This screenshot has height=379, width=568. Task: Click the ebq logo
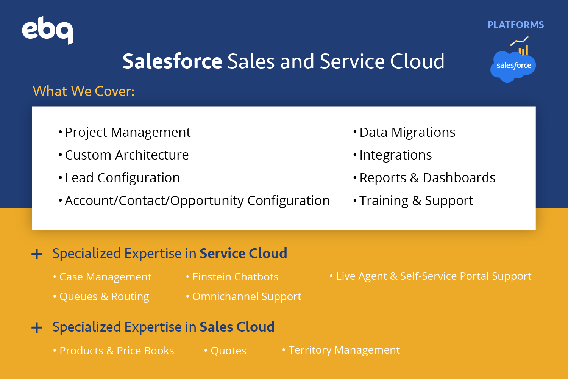(x=47, y=30)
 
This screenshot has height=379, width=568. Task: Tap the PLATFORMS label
(x=516, y=25)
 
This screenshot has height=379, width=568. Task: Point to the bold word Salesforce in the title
(x=172, y=61)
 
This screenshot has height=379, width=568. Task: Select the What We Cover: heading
(x=84, y=91)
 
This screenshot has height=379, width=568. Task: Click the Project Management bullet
(x=125, y=133)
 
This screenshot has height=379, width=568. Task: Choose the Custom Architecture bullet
(x=123, y=155)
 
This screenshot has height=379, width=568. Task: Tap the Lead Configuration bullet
(x=119, y=178)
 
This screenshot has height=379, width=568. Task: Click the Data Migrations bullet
(x=404, y=132)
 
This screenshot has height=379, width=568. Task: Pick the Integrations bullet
(x=393, y=155)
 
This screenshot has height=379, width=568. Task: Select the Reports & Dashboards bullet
(x=424, y=178)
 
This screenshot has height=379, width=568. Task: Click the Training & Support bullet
(x=413, y=201)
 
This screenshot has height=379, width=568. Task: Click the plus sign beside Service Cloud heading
(x=37, y=254)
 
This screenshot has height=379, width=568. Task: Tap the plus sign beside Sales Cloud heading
(x=37, y=327)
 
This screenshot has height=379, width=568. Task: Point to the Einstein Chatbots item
(x=232, y=277)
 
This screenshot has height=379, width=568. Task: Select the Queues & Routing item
(x=101, y=297)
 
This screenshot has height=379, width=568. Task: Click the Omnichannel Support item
(x=244, y=297)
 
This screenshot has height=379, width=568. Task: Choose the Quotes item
(x=225, y=351)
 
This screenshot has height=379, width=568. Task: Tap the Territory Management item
(x=341, y=350)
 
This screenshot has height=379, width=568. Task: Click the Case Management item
(x=103, y=277)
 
